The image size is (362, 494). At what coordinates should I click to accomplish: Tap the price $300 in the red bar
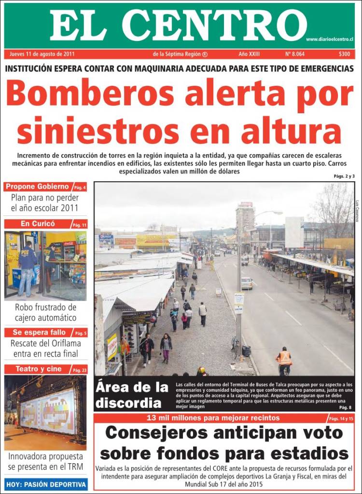click(344, 54)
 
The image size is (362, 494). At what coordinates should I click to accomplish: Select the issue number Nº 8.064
click(294, 54)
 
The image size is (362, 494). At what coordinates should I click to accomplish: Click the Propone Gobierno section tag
click(38, 187)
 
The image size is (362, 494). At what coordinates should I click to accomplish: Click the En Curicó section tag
click(38, 224)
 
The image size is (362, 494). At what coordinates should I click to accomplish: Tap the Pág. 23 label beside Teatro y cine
click(80, 370)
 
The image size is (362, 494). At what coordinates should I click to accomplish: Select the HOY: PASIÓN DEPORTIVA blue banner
click(46, 484)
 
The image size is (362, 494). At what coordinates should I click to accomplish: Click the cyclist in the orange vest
click(284, 360)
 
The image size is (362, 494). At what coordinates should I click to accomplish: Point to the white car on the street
click(247, 283)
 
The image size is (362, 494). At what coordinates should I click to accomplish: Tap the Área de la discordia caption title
click(132, 394)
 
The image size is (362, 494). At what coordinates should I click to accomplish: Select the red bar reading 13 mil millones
click(212, 418)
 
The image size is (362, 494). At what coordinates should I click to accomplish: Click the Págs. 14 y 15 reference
click(340, 418)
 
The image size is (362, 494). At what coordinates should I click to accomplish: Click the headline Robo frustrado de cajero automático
click(45, 312)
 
